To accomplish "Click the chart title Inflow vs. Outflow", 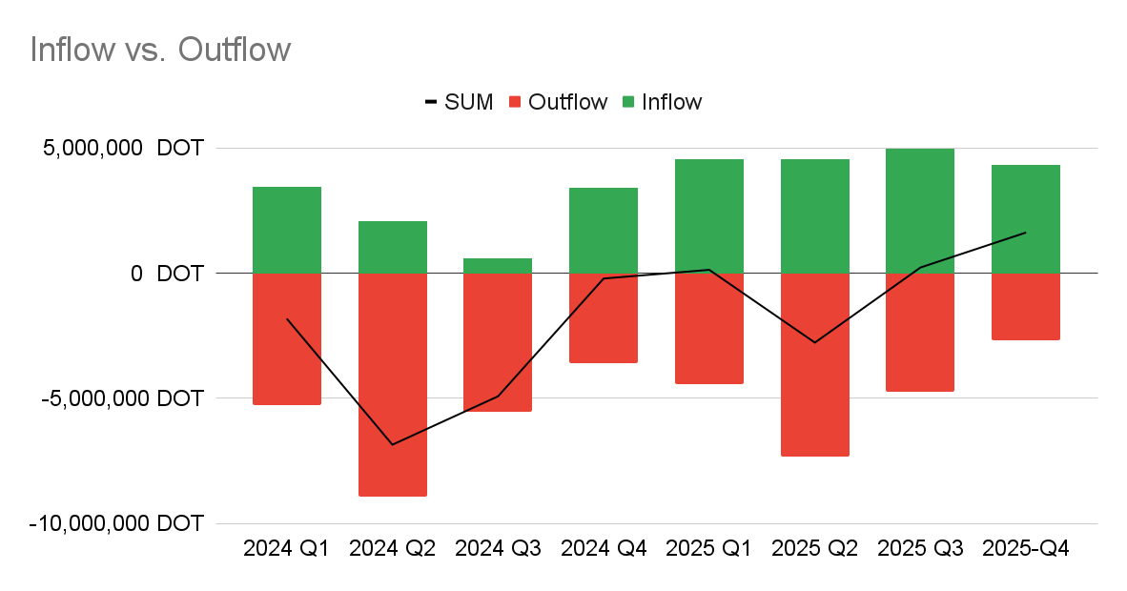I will tap(160, 50).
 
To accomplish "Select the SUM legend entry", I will tap(459, 102).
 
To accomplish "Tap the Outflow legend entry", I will tap(558, 102).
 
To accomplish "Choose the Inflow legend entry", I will tap(662, 102).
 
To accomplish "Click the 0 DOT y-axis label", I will tap(167, 274).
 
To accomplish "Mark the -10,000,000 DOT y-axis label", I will tap(116, 523).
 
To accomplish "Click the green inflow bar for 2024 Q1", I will tap(287, 230).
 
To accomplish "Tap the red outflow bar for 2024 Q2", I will tap(393, 384).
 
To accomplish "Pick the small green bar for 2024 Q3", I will tap(498, 266).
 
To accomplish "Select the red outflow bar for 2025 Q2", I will tap(815, 364).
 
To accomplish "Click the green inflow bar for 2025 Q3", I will tap(920, 211).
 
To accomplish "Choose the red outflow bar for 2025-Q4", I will tap(1026, 306).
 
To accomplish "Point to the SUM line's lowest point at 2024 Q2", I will tap(393, 445).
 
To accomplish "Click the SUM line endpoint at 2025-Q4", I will tap(1026, 233).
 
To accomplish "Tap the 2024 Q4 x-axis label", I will tap(604, 549).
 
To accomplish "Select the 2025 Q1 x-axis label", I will tap(709, 549).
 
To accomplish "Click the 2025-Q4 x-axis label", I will tap(1026, 549).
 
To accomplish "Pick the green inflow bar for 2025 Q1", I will tap(709, 216).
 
